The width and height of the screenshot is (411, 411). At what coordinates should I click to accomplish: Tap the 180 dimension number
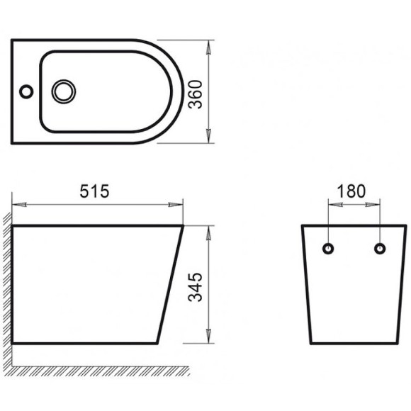coord(351,191)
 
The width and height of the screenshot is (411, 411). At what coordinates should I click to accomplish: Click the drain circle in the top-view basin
coord(64,91)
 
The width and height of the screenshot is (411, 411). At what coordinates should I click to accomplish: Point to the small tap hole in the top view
coord(26,91)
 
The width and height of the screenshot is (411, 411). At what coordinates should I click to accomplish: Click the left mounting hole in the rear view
coord(328,249)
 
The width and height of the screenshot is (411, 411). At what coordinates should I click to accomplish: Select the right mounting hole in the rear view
coord(381,249)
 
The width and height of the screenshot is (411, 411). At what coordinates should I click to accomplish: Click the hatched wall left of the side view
coord(6,283)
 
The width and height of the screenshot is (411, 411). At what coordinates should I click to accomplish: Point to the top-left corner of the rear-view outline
coord(303,226)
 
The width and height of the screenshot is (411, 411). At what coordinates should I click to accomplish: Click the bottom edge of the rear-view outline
coord(354,344)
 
